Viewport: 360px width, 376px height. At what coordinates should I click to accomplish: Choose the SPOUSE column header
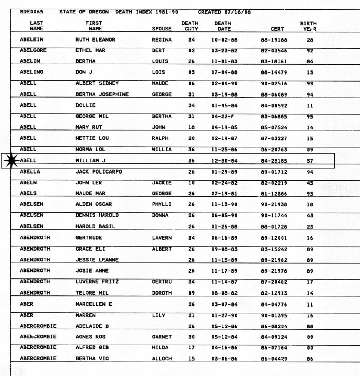pos(161,29)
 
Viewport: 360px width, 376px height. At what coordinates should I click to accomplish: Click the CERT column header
pos(277,29)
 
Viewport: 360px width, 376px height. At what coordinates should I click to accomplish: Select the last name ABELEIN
pos(33,40)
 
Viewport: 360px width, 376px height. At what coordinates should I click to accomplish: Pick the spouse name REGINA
pos(161,40)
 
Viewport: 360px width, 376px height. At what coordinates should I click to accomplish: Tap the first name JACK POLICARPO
pos(99,172)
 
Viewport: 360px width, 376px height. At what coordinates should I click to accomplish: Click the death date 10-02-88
pos(223,40)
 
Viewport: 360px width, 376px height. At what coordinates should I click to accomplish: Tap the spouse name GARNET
pos(161,337)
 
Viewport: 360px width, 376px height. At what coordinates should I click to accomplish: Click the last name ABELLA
pos(30,172)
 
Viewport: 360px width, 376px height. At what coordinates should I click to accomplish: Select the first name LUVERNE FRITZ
pos(96,281)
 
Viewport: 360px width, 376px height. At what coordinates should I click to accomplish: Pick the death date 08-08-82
pos(223,293)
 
